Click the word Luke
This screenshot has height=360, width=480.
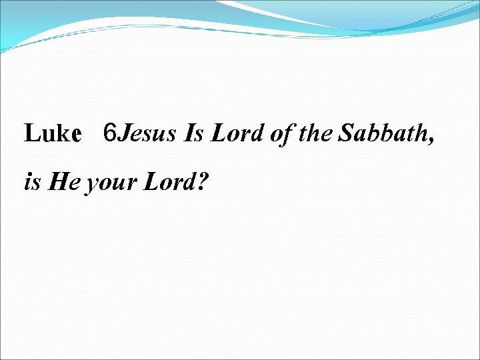pyautogui.click(x=52, y=134)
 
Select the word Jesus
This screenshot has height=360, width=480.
pyautogui.click(x=147, y=134)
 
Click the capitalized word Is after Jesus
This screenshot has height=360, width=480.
pyautogui.click(x=194, y=134)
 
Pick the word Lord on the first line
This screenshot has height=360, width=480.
pyautogui.click(x=238, y=134)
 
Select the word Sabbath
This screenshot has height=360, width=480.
pyautogui.click(x=380, y=134)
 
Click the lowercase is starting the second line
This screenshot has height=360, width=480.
pyautogui.click(x=32, y=182)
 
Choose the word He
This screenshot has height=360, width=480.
pyautogui.click(x=64, y=182)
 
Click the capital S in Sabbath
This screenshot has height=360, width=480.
pyautogui.click(x=346, y=134)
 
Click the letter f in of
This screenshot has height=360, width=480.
pyautogui.click(x=288, y=135)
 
